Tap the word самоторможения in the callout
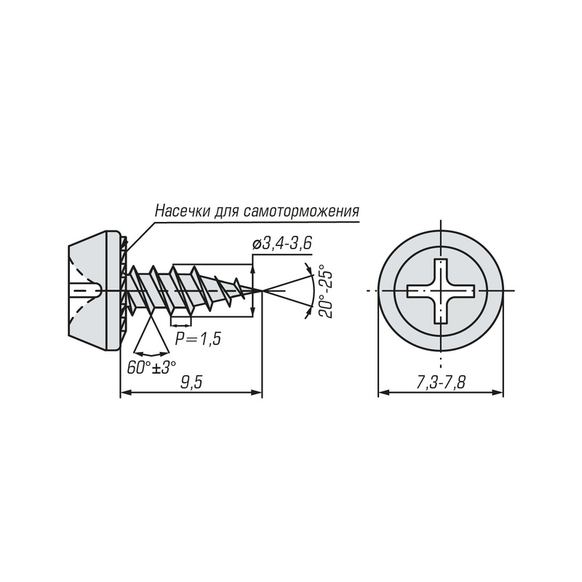tap(302, 211)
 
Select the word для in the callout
tap(227, 212)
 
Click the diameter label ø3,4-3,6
tap(282, 244)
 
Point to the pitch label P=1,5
tap(198, 338)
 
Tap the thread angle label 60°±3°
tap(151, 367)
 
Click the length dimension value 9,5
tap(191, 383)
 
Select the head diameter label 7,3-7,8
tap(441, 383)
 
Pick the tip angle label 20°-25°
tap(325, 291)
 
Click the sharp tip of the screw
tap(262, 290)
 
